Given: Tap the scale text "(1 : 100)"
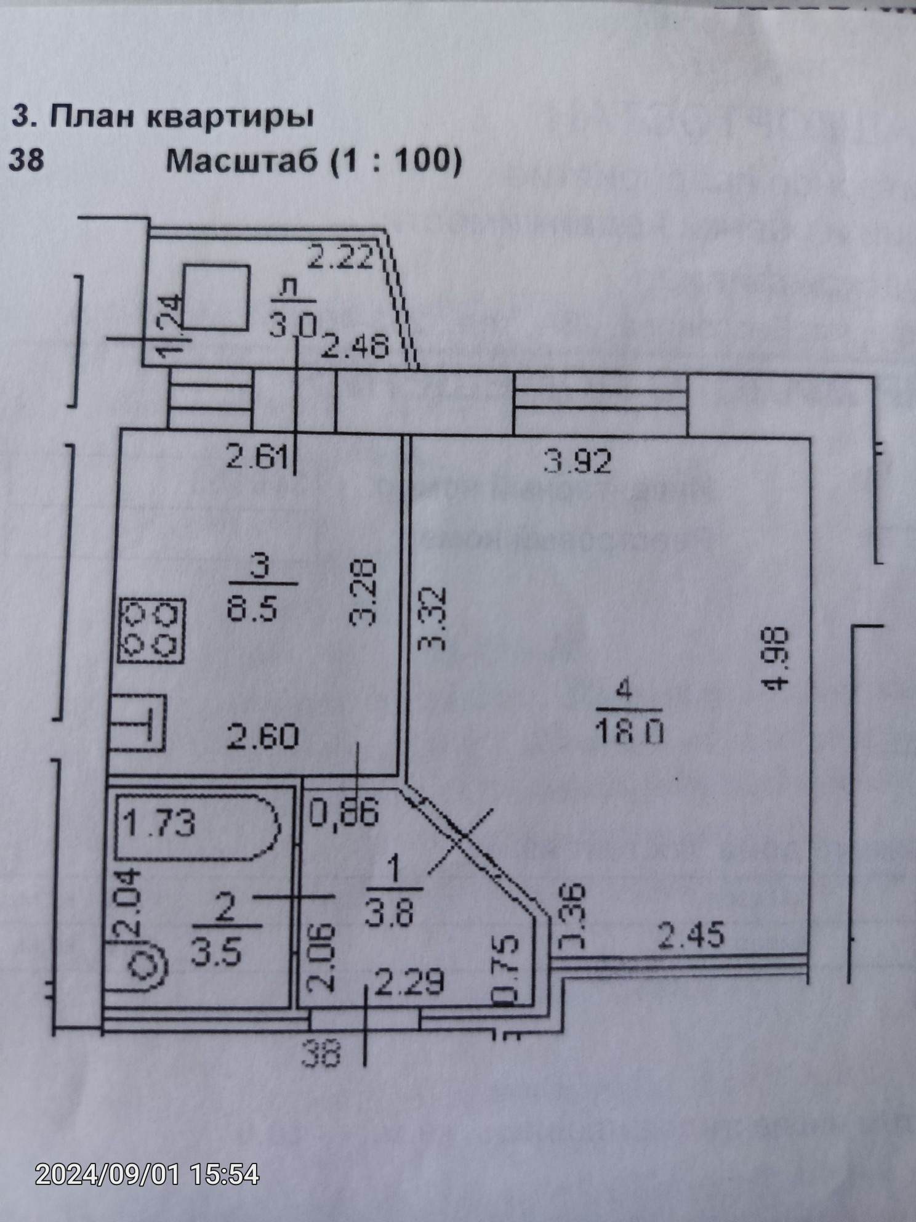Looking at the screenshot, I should click(x=395, y=161).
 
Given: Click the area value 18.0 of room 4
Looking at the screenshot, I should click(x=629, y=732).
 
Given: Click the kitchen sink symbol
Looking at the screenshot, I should click(x=138, y=722).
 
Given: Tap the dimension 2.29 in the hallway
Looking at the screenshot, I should click(x=409, y=981).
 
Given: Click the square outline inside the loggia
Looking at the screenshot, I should click(x=217, y=298).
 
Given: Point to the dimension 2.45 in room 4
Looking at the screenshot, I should click(x=691, y=935).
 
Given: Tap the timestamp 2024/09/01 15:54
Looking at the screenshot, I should click(x=147, y=1174).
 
